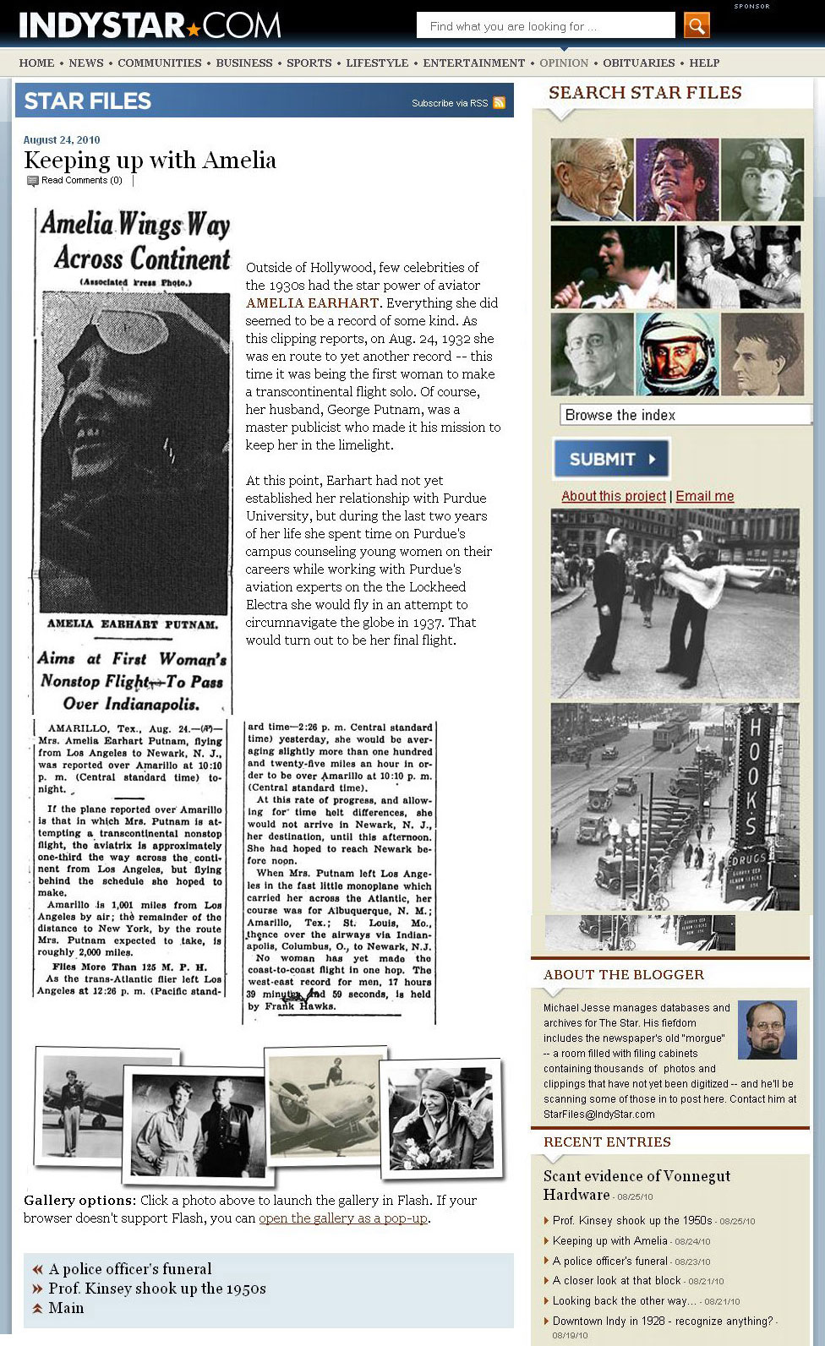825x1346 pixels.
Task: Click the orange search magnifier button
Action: [697, 25]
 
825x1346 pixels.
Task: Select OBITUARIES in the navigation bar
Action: [639, 63]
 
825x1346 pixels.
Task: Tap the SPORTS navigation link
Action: [309, 63]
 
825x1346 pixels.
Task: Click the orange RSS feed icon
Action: [500, 103]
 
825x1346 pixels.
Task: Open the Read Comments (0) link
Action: [81, 180]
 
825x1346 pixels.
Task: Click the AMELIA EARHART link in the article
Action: [312, 302]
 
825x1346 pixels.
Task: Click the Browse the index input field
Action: [685, 415]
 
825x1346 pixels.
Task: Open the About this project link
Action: [614, 496]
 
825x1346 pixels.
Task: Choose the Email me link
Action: [704, 496]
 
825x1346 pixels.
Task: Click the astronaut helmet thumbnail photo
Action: [676, 354]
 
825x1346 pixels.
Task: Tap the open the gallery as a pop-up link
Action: [343, 1218]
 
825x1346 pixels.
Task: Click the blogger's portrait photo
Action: [767, 1029]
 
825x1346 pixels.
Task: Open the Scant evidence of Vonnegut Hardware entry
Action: [636, 1185]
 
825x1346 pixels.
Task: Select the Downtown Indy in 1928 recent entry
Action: [663, 1321]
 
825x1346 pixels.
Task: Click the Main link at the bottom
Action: [66, 1308]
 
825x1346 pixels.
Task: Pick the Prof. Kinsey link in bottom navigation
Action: [157, 1289]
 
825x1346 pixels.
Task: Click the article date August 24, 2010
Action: [62, 140]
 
